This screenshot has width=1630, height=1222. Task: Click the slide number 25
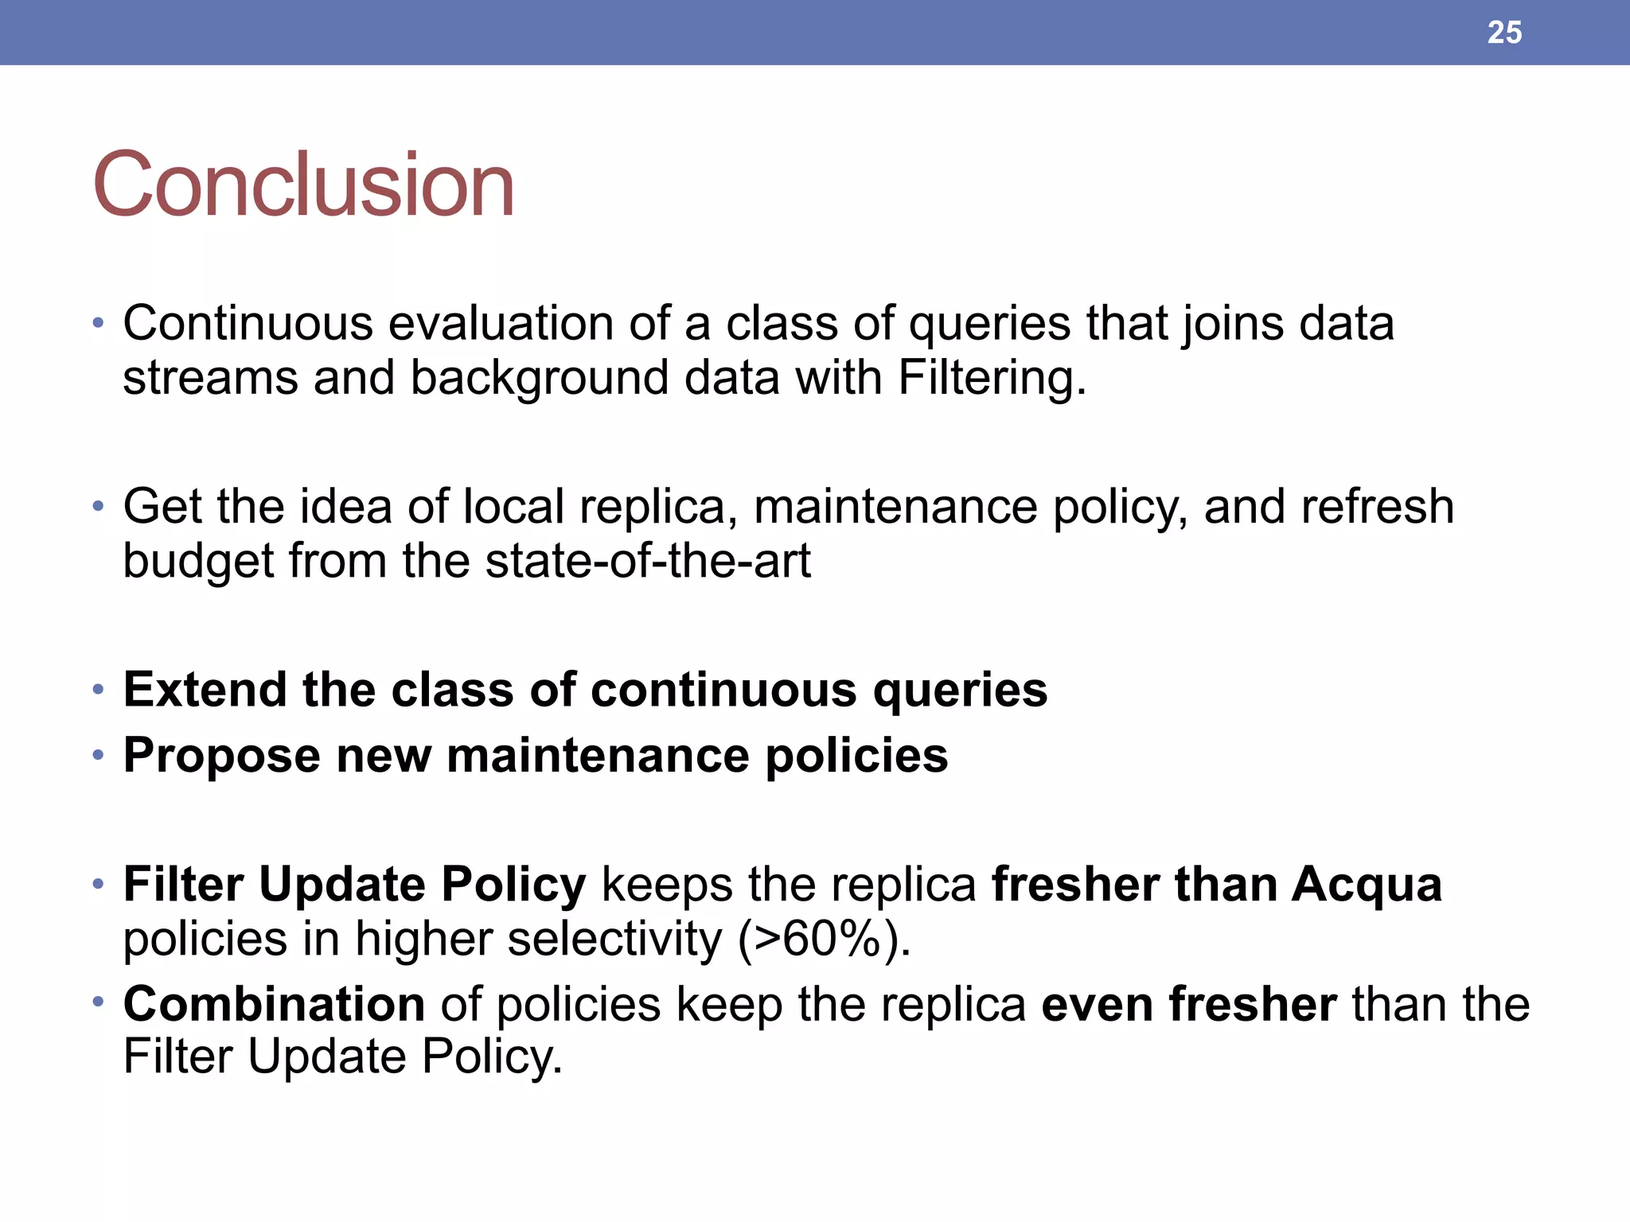[x=1504, y=33]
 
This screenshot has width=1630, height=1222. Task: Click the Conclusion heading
[x=303, y=185]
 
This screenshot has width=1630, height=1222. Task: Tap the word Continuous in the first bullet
[x=248, y=324]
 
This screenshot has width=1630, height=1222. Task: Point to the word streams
[x=210, y=378]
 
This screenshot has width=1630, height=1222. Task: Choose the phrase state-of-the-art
[x=648, y=561]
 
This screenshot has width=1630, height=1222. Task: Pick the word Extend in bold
[x=205, y=689]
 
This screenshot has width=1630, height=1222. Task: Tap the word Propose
[x=221, y=755]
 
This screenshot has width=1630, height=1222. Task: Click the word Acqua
[x=1366, y=885]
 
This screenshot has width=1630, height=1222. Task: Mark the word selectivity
[x=614, y=940]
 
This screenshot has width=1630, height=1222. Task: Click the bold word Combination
[x=274, y=1004]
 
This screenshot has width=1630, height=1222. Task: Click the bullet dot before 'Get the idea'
[x=98, y=507]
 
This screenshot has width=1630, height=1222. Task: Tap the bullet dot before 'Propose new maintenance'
[x=98, y=755]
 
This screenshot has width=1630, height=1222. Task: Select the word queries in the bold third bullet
[x=960, y=689]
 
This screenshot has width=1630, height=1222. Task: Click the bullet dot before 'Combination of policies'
[x=98, y=1002]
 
